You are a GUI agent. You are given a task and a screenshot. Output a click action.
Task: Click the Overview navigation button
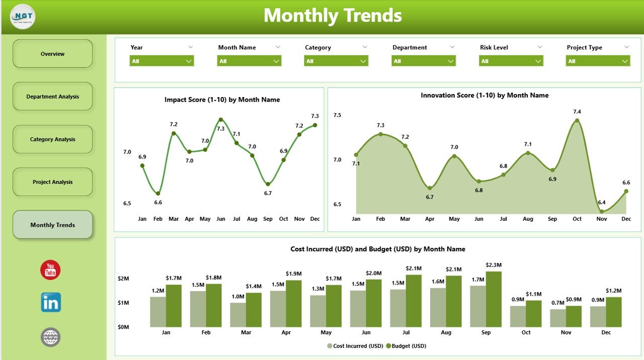pos(52,54)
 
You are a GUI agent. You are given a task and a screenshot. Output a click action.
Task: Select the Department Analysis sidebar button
pos(52,97)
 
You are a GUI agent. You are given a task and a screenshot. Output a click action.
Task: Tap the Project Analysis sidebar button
pos(52,182)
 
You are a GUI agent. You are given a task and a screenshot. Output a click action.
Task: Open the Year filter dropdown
pos(162,61)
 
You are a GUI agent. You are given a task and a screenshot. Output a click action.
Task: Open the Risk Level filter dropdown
pos(511,61)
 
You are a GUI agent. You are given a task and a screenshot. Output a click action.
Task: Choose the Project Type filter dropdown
pos(598,61)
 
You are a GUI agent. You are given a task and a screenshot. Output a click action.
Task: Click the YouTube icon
pos(50,270)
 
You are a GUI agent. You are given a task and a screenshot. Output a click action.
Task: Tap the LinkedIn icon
pos(51,302)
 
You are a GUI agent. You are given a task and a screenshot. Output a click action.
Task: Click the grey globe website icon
pos(51,337)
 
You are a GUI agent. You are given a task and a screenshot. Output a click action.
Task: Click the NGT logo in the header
pos(23,17)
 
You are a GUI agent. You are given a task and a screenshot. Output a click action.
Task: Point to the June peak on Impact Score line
pos(220,120)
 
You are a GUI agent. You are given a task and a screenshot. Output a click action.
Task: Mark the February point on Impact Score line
pos(158,193)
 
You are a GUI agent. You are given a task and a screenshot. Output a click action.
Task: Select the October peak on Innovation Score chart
pos(577,120)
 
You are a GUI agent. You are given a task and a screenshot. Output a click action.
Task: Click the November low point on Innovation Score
pos(602,211)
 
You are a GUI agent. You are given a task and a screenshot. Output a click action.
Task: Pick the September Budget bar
pos(494,299)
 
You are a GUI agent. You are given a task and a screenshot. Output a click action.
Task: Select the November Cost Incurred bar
pos(558,318)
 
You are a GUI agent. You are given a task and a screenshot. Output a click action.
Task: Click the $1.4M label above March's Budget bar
pos(254,286)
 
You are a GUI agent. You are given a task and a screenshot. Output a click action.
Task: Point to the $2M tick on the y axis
pos(123,279)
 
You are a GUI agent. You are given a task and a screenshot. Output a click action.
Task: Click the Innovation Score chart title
pos(485,95)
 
